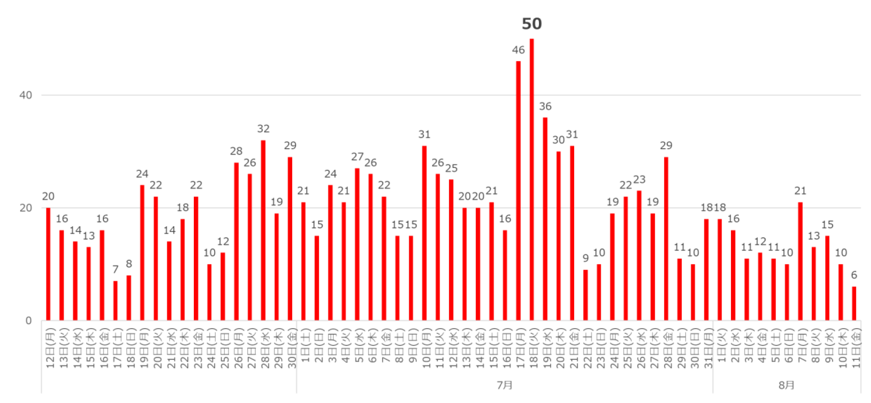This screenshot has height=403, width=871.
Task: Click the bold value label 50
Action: point(531,24)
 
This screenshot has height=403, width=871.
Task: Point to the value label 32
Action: point(263,129)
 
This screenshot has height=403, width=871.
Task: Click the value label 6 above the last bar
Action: point(854,275)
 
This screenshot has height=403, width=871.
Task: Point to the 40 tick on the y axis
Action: point(26,95)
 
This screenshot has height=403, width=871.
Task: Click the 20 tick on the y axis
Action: point(26,208)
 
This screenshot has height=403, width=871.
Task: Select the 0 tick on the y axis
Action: point(29,321)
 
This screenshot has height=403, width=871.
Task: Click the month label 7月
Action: point(504,385)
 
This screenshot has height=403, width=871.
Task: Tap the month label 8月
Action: point(786,385)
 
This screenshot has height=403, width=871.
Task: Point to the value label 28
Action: point(236,151)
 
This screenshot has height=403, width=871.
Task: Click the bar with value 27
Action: point(357,244)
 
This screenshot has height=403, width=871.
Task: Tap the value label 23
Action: point(639,180)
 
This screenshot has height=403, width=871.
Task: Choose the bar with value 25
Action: point(451,250)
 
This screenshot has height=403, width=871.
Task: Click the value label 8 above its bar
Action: point(129,264)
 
